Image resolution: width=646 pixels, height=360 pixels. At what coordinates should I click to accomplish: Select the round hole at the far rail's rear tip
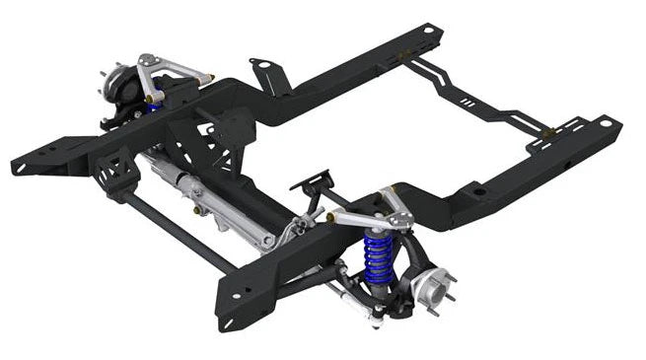point(428,31)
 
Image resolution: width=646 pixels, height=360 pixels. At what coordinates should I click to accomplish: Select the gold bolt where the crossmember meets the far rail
point(406,61)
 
